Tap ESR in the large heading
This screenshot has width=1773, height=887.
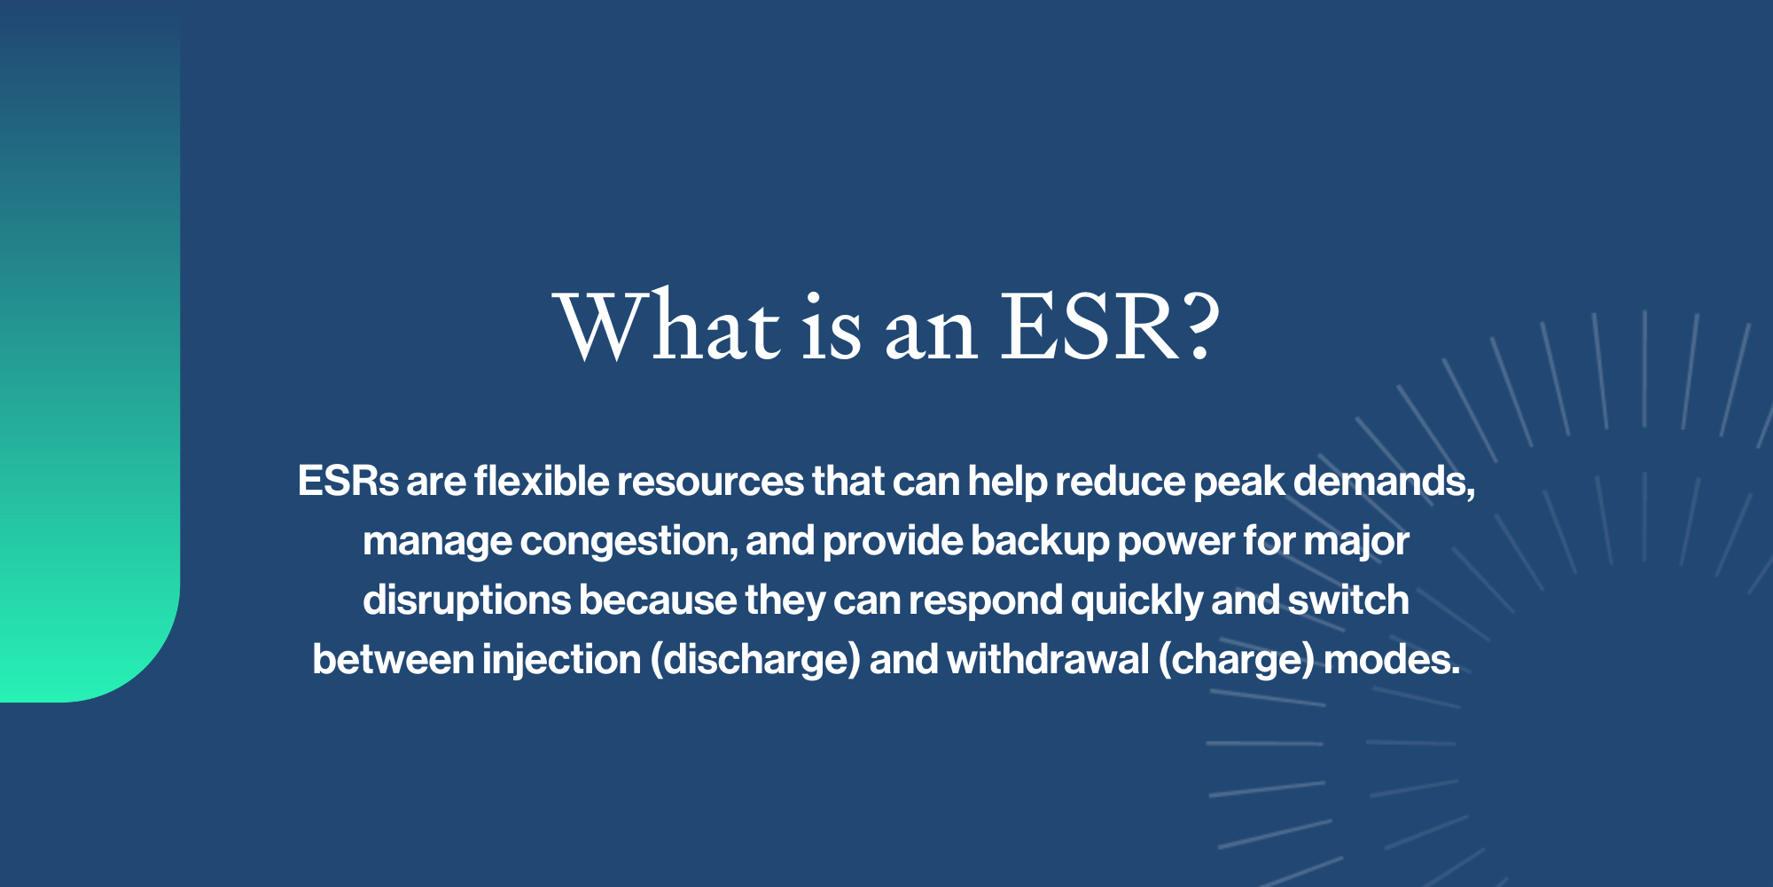coord(1090,326)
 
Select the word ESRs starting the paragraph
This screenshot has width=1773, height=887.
coord(348,482)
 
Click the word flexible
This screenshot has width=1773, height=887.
coord(541,482)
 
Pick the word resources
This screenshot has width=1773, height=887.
coord(710,482)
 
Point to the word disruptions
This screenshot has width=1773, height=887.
coord(466,600)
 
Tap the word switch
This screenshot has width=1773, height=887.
coord(1347,600)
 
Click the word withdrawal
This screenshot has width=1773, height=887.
coord(1048,660)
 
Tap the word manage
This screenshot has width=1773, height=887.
coord(437,542)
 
